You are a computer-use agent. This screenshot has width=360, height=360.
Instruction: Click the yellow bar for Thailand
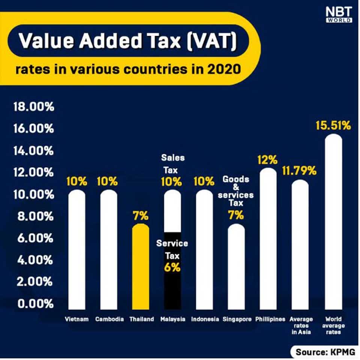coord(141,266)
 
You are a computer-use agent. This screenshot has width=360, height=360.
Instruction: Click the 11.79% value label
coord(299,172)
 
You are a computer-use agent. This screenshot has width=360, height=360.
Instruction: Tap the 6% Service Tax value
coord(172,268)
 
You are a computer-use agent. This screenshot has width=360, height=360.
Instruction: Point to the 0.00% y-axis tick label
coord(34,304)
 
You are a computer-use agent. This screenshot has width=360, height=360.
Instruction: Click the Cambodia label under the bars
coord(109,319)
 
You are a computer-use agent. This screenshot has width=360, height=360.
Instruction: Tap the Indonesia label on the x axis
coord(205,319)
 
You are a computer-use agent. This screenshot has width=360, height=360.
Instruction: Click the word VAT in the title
coord(214,40)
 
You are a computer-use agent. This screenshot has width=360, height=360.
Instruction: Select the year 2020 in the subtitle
coord(223,70)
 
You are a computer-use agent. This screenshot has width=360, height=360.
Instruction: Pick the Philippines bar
coord(268,240)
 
